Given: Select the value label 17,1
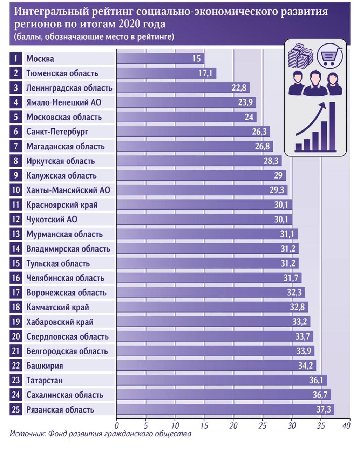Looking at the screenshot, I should (x=205, y=73).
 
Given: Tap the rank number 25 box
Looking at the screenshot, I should (x=16, y=409).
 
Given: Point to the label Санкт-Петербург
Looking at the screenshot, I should (x=57, y=132).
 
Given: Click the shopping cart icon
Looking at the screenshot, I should (x=329, y=56).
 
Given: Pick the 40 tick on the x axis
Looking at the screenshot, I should (x=346, y=426).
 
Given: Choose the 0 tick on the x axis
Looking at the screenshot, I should (x=117, y=426).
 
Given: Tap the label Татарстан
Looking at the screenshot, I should (x=45, y=380).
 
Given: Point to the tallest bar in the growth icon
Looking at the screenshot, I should (x=332, y=126).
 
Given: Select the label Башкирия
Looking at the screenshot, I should (x=45, y=366).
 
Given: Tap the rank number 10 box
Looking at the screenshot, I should (x=16, y=190).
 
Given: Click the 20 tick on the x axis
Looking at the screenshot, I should (x=233, y=426).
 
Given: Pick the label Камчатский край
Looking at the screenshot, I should (x=57, y=307).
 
